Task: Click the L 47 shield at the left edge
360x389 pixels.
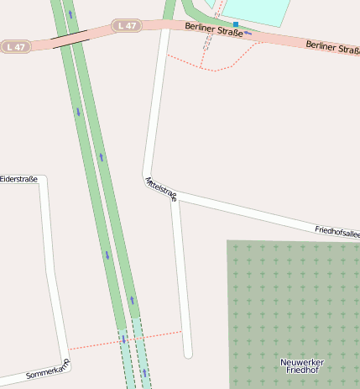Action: [x=15, y=47]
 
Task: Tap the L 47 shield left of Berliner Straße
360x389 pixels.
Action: [x=127, y=26]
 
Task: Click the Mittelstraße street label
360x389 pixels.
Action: [x=160, y=190]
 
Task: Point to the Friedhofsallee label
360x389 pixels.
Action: [x=337, y=231]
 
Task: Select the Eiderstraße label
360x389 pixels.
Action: [x=19, y=179]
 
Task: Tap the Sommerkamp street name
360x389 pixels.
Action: [x=48, y=369]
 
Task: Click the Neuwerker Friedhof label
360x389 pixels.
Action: [x=302, y=365]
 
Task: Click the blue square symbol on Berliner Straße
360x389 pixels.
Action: [x=236, y=24]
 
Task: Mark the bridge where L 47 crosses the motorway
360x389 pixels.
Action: [x=70, y=38]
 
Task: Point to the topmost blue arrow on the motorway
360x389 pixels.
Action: [x=70, y=14]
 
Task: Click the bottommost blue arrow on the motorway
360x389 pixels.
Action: [x=143, y=372]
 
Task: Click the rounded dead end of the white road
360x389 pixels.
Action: [x=188, y=354]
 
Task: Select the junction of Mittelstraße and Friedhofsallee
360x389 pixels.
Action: [x=174, y=197]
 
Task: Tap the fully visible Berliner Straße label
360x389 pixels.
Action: [x=214, y=32]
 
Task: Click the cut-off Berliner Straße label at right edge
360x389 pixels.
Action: [x=333, y=47]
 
